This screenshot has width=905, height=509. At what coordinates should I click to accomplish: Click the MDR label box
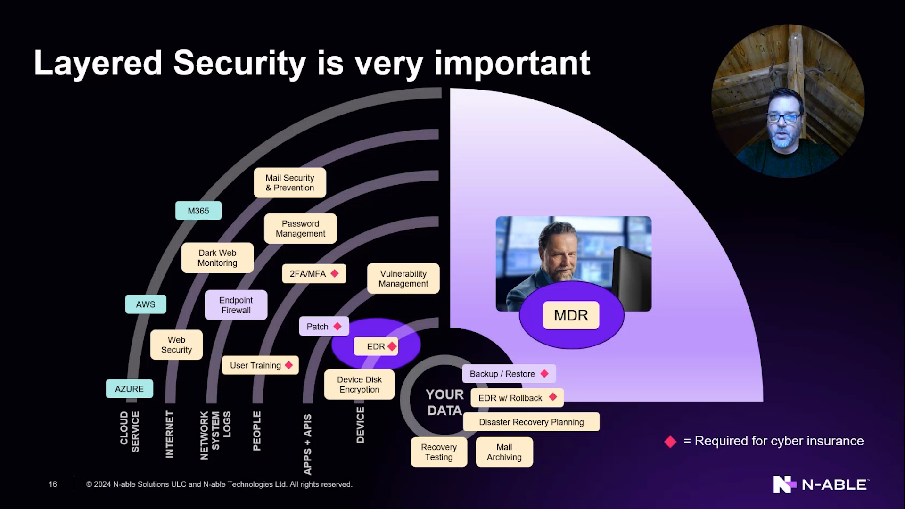(571, 315)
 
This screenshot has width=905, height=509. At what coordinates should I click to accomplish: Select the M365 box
(198, 211)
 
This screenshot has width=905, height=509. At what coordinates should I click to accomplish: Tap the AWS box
(146, 304)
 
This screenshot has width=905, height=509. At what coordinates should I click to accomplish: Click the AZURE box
(130, 389)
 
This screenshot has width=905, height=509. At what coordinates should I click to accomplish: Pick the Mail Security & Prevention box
(289, 183)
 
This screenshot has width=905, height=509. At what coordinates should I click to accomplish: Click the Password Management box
(300, 229)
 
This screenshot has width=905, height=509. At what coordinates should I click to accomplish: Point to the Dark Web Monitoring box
(217, 258)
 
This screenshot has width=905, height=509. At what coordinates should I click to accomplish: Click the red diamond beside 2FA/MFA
(335, 273)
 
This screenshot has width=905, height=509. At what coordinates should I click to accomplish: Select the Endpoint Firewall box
(236, 305)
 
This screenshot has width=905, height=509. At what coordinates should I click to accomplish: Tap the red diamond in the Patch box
(337, 326)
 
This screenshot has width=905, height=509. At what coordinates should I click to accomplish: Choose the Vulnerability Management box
(403, 279)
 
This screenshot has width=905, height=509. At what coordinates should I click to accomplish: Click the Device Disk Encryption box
(359, 385)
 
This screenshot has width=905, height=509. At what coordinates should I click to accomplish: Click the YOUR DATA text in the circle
(444, 402)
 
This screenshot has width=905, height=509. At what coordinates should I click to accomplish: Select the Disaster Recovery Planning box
(531, 422)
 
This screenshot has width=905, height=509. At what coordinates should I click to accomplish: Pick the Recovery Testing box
(439, 452)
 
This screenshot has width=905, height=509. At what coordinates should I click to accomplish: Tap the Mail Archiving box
(504, 452)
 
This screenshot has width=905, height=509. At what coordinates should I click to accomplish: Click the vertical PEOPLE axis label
(257, 431)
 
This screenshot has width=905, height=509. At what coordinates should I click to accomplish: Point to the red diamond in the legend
(670, 442)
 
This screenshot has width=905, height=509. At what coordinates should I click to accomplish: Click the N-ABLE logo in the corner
(821, 484)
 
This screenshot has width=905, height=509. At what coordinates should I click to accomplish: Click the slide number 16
(53, 484)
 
